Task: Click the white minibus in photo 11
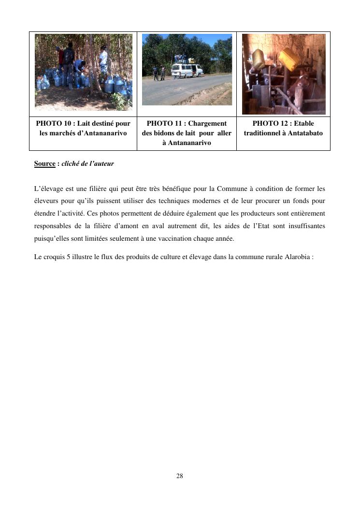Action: coord(187,70)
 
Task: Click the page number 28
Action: coord(180,476)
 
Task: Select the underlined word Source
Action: coord(45,164)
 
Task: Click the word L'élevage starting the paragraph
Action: coord(49,189)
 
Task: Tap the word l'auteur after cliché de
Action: coord(101,164)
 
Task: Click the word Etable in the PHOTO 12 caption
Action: coord(303,124)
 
